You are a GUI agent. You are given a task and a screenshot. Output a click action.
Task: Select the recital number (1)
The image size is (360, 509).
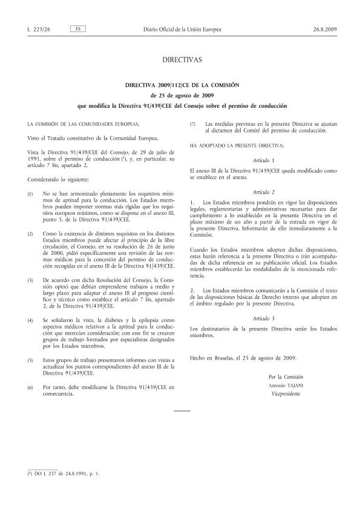(31, 193)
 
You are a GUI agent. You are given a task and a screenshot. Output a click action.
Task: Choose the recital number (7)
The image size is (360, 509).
(192, 124)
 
